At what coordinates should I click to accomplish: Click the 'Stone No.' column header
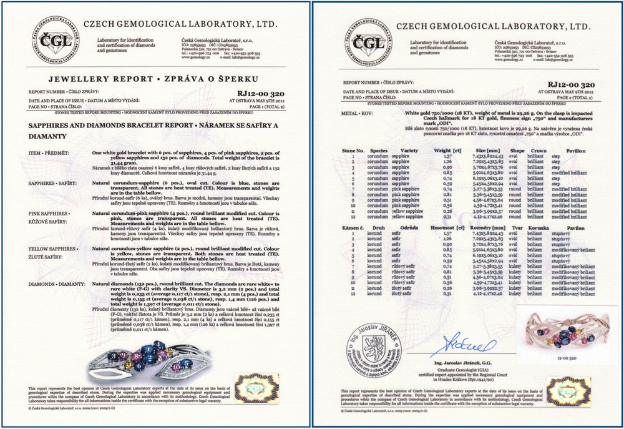[x=353, y=150]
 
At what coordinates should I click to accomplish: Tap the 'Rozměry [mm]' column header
[x=490, y=228]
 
